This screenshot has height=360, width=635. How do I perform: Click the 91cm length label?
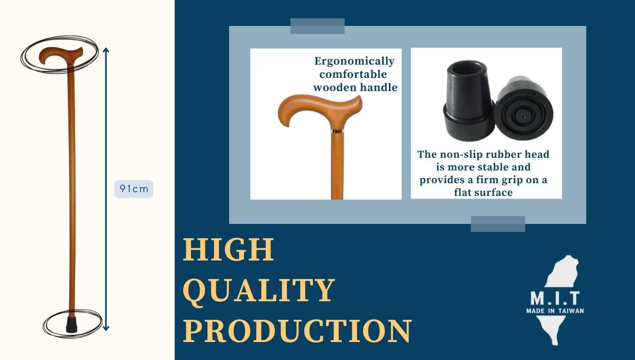pyautogui.click(x=134, y=189)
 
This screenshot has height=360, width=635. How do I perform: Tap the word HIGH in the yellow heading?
pyautogui.click(x=229, y=250)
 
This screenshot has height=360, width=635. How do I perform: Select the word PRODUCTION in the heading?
pyautogui.click(x=297, y=331)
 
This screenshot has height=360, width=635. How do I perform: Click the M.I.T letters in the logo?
pyautogui.click(x=555, y=299)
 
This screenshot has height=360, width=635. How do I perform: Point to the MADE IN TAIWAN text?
pyautogui.click(x=555, y=311)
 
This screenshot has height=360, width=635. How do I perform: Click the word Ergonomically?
pyautogui.click(x=355, y=61)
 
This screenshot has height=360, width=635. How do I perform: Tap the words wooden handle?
pyautogui.click(x=355, y=87)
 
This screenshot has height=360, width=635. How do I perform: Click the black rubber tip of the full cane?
pyautogui.click(x=71, y=325)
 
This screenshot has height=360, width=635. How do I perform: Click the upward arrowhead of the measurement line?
pyautogui.click(x=106, y=50)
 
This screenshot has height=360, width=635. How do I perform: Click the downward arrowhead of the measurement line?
pyautogui.click(x=106, y=328)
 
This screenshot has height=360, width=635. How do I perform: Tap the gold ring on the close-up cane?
pyautogui.click(x=338, y=131)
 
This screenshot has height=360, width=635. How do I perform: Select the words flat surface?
pyautogui.click(x=483, y=193)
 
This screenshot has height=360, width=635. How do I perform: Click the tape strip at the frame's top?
pyautogui.click(x=317, y=26)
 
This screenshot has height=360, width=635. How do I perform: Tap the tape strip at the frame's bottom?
pyautogui.click(x=498, y=224)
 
